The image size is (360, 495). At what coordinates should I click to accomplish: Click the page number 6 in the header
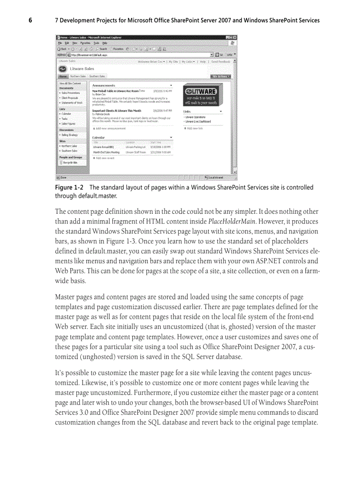30,20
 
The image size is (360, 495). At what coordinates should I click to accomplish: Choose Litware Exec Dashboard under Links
198,121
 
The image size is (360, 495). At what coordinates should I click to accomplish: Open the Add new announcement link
110,128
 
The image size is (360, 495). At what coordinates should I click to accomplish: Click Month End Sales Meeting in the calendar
106,152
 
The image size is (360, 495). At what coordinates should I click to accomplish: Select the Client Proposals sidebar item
70,98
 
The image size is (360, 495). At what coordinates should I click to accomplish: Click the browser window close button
235,37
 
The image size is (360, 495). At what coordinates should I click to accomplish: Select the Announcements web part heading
104,85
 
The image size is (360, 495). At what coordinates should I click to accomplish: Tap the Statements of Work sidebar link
72,103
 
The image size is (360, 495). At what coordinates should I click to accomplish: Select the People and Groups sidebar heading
71,157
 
